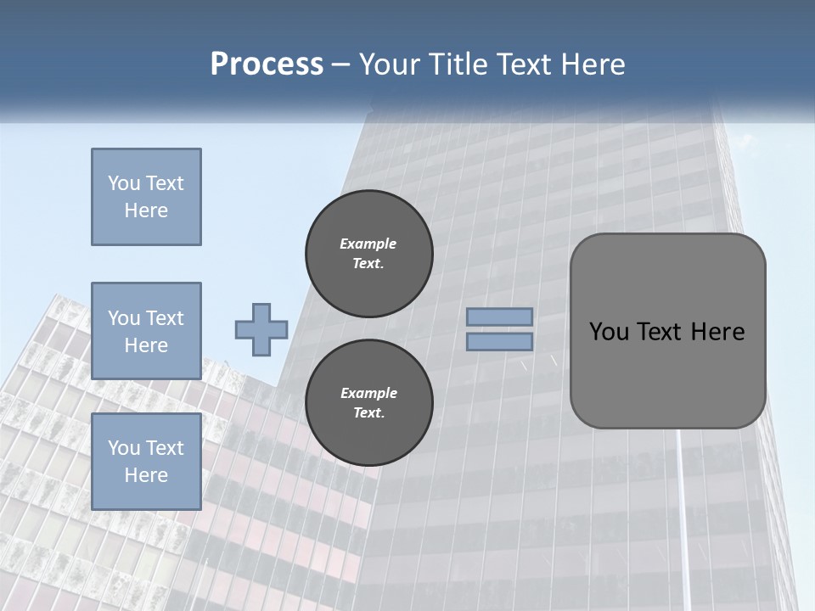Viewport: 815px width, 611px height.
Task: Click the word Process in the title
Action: pos(267,64)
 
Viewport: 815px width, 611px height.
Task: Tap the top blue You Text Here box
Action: pos(146,197)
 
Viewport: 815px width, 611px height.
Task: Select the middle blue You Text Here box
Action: pos(146,331)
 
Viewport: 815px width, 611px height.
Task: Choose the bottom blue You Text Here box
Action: pos(146,461)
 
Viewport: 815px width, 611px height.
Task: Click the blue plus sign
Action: pos(261,329)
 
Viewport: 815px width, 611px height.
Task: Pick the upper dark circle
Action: pos(368,254)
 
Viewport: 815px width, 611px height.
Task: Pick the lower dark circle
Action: pos(368,403)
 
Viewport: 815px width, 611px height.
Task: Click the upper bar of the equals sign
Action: pos(500,317)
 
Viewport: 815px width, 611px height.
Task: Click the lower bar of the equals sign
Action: pos(500,342)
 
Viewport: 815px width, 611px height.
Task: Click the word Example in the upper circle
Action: pos(368,244)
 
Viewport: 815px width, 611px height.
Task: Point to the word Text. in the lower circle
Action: pos(368,413)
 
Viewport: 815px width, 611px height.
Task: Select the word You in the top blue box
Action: pos(123,183)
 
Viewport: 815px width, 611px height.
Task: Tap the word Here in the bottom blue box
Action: pos(146,475)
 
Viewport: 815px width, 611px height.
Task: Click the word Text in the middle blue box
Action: pos(164,318)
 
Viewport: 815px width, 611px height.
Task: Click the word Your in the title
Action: pos(391,64)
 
